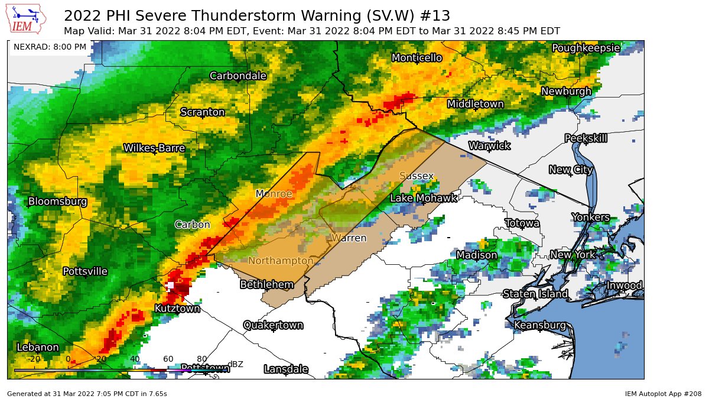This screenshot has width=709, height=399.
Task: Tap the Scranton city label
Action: (203, 112)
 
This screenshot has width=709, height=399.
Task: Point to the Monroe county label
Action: (274, 194)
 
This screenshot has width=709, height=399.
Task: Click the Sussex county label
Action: (417, 176)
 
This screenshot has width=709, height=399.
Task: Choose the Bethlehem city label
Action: (266, 284)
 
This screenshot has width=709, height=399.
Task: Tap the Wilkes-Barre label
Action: (154, 148)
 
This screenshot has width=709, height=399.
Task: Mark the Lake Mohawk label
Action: (424, 198)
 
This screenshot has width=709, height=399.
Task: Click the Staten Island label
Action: (535, 294)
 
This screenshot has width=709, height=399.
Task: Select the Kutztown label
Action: (177, 308)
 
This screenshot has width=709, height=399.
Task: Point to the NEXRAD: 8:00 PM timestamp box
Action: (50, 47)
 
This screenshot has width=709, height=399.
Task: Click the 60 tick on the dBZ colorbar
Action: (168, 359)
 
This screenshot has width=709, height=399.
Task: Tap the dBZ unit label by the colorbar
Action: (235, 364)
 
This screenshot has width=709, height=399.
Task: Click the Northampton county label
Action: (281, 261)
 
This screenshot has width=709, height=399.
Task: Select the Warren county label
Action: (349, 238)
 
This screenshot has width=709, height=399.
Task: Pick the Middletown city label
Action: (476, 104)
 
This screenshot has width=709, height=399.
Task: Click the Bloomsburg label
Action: (58, 202)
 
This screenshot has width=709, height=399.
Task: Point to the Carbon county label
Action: (192, 225)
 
